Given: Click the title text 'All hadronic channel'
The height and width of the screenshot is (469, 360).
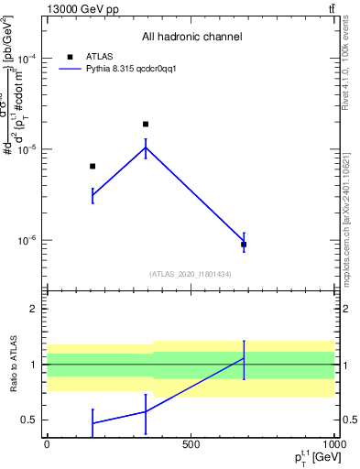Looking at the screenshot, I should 191,38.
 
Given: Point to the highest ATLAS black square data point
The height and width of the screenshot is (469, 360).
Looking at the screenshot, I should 146,124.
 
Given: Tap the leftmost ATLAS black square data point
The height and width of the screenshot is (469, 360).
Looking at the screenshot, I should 93,166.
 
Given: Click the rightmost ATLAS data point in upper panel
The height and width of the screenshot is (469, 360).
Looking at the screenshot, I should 244,245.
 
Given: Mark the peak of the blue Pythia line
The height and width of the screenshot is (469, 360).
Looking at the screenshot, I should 146,147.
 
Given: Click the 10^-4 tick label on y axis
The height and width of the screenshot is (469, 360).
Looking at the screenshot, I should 25,59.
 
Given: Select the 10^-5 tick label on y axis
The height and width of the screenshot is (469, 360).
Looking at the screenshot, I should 25,149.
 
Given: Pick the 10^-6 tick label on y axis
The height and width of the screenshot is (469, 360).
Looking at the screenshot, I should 25,241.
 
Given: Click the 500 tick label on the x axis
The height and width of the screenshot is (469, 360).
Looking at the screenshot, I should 191,444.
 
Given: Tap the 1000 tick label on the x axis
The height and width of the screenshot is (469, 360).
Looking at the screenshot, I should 333,444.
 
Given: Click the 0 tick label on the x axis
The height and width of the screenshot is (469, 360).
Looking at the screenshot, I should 48,444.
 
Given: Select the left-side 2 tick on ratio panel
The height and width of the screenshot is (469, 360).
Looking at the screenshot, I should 34,309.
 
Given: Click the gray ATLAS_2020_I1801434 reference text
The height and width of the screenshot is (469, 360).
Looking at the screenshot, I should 191,274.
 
